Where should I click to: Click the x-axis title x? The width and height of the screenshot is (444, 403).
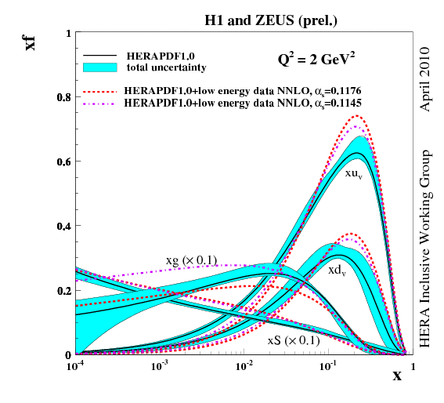(397, 376)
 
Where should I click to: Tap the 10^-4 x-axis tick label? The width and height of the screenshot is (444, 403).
(77, 366)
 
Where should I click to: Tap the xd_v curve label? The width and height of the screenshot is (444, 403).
(338, 269)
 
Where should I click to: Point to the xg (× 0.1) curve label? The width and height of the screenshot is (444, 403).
(191, 260)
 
